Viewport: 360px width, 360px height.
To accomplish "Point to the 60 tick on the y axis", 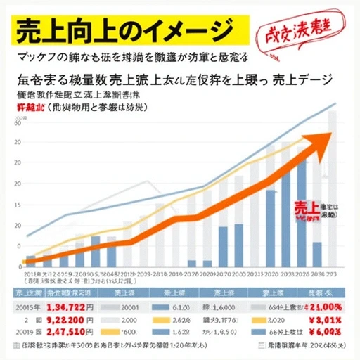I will click(x=18, y=123).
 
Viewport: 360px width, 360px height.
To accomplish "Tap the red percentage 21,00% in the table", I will click(x=319, y=307).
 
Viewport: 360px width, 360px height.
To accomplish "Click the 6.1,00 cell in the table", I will click(x=182, y=307).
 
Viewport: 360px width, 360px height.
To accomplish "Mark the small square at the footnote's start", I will click(x=16, y=347).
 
